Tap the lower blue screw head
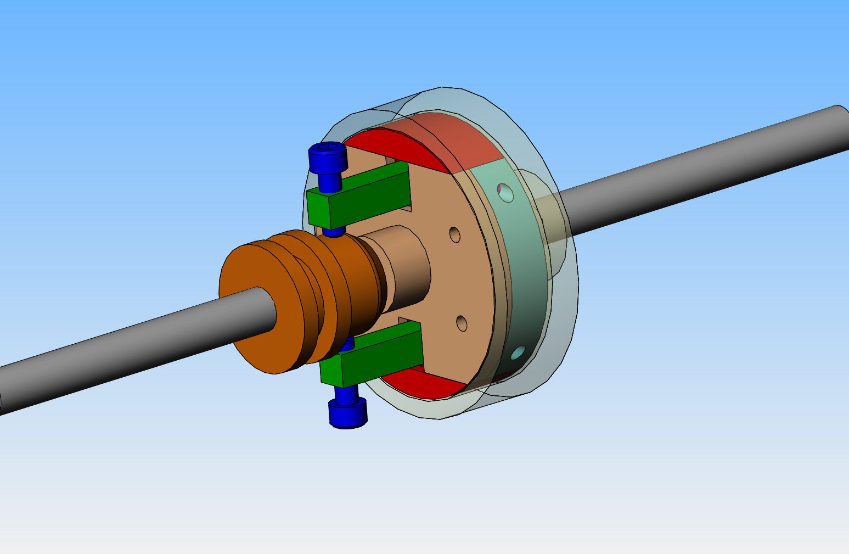point(347,413)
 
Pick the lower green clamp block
point(373,352)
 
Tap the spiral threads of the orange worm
point(335,286)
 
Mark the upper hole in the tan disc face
point(455,234)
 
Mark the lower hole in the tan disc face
point(462,323)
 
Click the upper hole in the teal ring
point(505,193)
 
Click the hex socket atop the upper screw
point(328,147)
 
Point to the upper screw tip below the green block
point(333,232)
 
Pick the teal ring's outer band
point(527,269)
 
